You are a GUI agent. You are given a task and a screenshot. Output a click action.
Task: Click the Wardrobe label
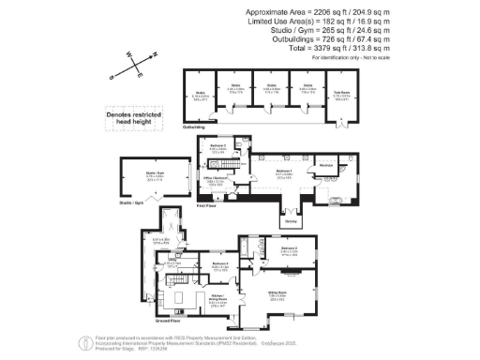click(326, 165)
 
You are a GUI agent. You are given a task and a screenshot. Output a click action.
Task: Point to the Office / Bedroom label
click(215, 180)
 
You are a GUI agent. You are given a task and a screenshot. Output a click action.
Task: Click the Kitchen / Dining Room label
click(218, 301)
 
